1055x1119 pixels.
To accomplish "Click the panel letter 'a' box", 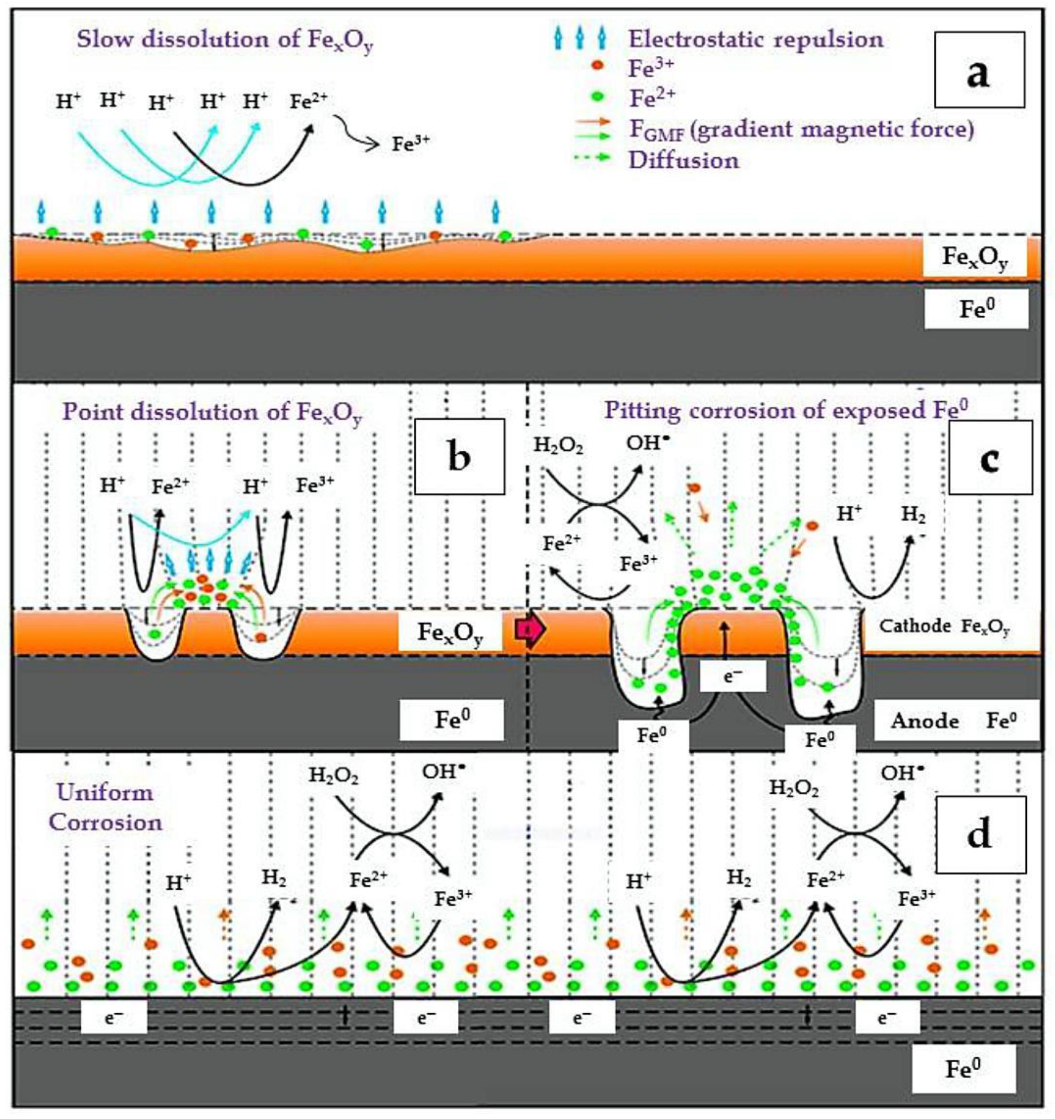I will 979,69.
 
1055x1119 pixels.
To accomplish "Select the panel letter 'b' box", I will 459,456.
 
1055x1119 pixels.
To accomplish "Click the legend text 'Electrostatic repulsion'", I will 756,40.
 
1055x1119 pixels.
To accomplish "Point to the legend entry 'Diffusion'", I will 683,160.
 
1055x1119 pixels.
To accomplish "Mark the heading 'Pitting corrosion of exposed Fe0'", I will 786,411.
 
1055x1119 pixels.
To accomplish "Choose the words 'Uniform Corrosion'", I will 105,808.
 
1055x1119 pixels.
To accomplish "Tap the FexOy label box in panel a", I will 974,257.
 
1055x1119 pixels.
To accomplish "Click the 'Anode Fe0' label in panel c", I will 955,721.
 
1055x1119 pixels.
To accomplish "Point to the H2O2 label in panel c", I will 558,445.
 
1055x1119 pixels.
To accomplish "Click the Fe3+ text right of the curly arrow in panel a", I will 410,144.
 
